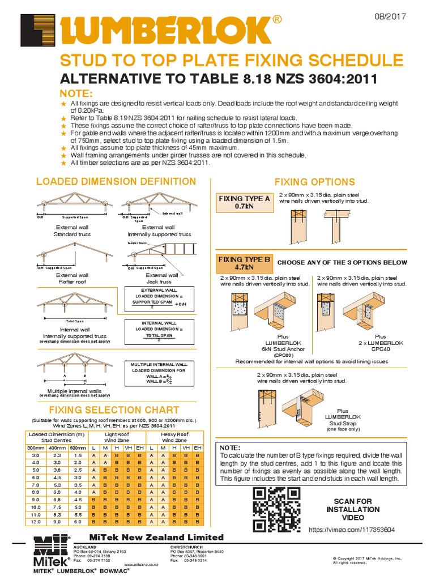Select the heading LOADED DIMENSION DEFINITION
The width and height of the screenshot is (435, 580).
pyautogui.click(x=116, y=182)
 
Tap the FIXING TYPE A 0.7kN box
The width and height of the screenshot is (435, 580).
pyautogui.click(x=244, y=202)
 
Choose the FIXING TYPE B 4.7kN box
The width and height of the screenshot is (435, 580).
pyautogui.click(x=244, y=263)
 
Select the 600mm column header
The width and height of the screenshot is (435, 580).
pyautogui.click(x=78, y=447)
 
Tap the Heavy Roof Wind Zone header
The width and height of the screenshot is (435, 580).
pyautogui.click(x=174, y=436)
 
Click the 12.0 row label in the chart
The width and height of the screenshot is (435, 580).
pyautogui.click(x=35, y=521)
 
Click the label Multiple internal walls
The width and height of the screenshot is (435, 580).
pyautogui.click(x=74, y=391)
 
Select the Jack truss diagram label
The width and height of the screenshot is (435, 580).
pyautogui.click(x=161, y=282)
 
